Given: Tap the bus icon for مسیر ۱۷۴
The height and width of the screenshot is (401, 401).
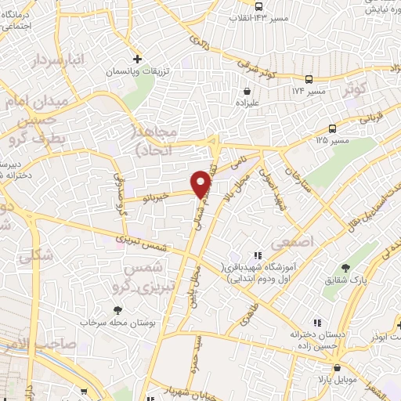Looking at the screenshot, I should click(x=309, y=79).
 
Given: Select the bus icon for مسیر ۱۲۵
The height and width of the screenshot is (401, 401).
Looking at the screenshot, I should click(x=333, y=128).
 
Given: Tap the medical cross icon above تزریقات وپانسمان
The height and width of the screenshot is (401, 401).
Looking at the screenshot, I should click(x=137, y=59).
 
